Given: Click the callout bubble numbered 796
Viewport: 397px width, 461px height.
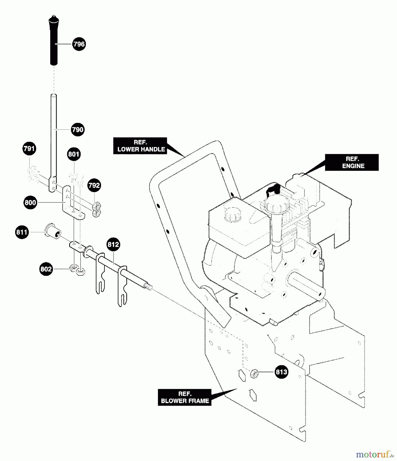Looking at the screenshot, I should click(79, 44).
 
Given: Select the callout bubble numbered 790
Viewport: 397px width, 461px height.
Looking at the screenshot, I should click(78, 130).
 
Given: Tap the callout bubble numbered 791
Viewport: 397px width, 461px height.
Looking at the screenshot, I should click(29, 149).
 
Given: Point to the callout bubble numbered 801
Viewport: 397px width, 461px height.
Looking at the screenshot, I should click(74, 154).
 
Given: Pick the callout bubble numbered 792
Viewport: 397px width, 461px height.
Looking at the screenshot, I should click(94, 185).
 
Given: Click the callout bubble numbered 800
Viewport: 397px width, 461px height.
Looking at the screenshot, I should click(30, 203).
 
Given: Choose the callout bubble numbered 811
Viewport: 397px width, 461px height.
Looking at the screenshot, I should click(22, 232).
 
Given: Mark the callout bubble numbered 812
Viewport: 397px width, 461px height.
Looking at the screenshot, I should click(113, 244).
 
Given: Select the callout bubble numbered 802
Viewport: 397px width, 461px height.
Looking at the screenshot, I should click(46, 269).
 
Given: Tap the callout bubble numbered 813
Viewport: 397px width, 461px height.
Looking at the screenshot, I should click(281, 372).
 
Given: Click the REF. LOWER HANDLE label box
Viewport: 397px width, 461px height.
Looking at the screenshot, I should click(140, 146).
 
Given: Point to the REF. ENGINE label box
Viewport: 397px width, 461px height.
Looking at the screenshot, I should click(352, 162).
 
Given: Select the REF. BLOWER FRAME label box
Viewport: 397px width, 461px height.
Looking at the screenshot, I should click(185, 397).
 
